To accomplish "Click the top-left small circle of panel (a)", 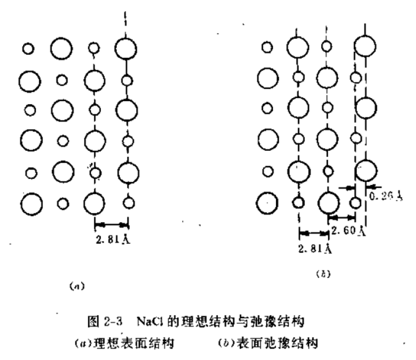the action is click(29, 48).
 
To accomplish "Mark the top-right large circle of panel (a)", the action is click(126, 48).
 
